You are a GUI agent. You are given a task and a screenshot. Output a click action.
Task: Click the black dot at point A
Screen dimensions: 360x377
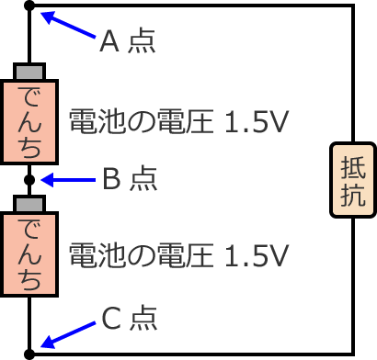(30, 7)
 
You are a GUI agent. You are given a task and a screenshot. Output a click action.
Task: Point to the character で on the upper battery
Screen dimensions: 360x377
(30, 97)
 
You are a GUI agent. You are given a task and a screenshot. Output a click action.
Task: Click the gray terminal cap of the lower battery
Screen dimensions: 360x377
(30, 203)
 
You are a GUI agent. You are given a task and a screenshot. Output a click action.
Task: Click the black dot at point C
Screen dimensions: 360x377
(30, 353)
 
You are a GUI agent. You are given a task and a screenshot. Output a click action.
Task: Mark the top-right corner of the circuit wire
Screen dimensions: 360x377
(352, 7)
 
